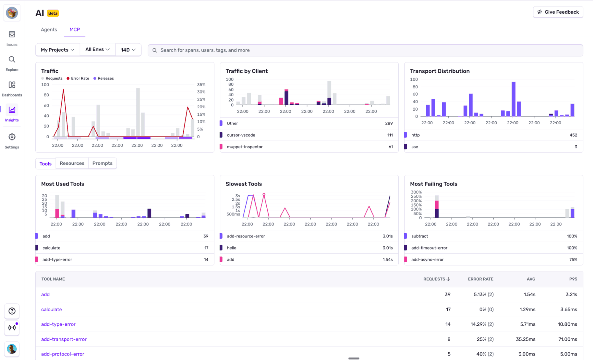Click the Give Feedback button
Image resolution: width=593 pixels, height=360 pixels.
(x=558, y=12)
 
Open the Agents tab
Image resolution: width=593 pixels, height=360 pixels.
(x=49, y=30)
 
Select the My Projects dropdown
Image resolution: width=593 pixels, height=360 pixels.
(x=58, y=50)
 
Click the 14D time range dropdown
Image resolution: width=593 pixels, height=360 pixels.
(x=128, y=50)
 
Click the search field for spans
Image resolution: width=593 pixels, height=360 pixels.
(x=365, y=50)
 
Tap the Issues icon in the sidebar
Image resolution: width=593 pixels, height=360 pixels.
(x=12, y=38)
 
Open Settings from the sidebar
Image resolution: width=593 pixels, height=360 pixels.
(x=12, y=140)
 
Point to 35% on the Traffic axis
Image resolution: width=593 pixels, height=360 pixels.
(x=201, y=85)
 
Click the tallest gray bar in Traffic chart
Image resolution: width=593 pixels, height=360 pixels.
(x=138, y=113)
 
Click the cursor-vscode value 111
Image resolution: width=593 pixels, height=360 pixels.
(x=390, y=135)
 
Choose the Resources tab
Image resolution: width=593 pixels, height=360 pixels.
(x=72, y=163)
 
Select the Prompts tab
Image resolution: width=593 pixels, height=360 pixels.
(x=102, y=163)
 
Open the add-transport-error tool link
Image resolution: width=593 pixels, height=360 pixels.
(x=64, y=339)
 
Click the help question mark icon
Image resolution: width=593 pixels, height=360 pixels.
(x=12, y=311)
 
